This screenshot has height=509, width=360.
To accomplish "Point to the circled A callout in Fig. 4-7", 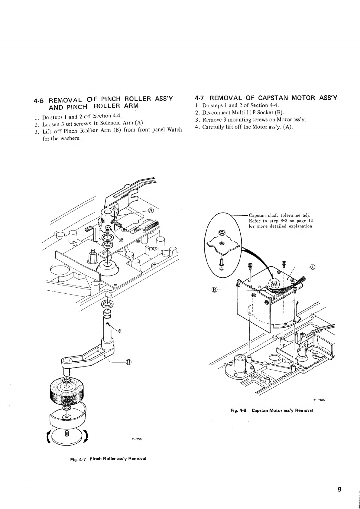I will [151, 210].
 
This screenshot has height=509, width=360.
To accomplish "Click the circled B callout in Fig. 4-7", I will [128, 362].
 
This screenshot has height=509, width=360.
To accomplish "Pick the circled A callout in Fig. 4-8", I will [313, 266].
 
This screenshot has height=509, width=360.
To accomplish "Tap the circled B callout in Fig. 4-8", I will [214, 290].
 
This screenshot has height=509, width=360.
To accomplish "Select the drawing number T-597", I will [319, 400].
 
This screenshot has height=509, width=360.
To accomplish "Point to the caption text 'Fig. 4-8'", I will [238, 410].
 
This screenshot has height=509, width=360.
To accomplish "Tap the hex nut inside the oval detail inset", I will [221, 234].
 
